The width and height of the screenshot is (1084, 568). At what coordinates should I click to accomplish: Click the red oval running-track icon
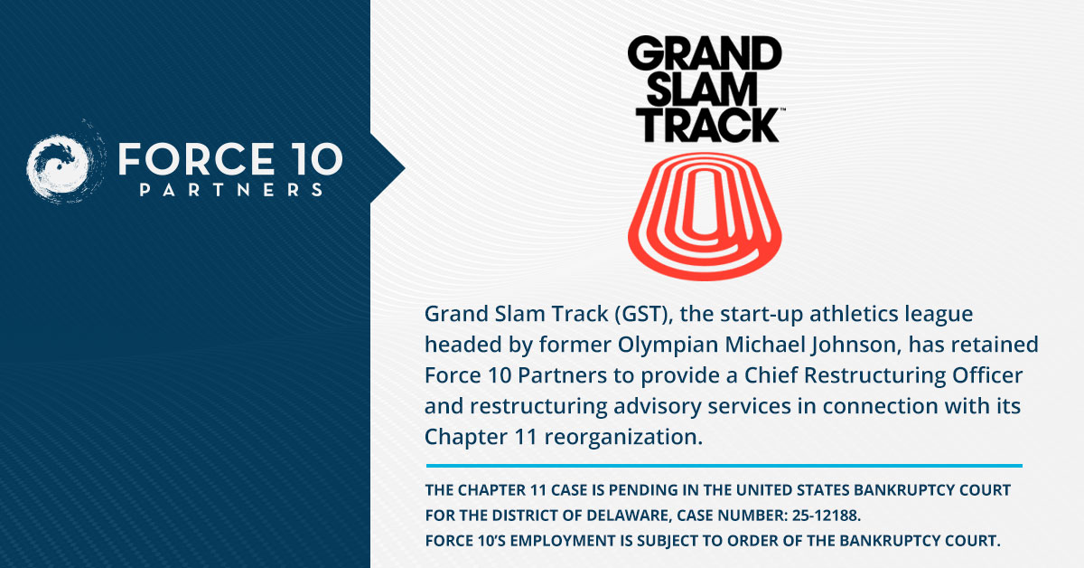point(705,216)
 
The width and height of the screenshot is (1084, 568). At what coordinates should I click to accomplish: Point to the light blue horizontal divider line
point(723,467)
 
